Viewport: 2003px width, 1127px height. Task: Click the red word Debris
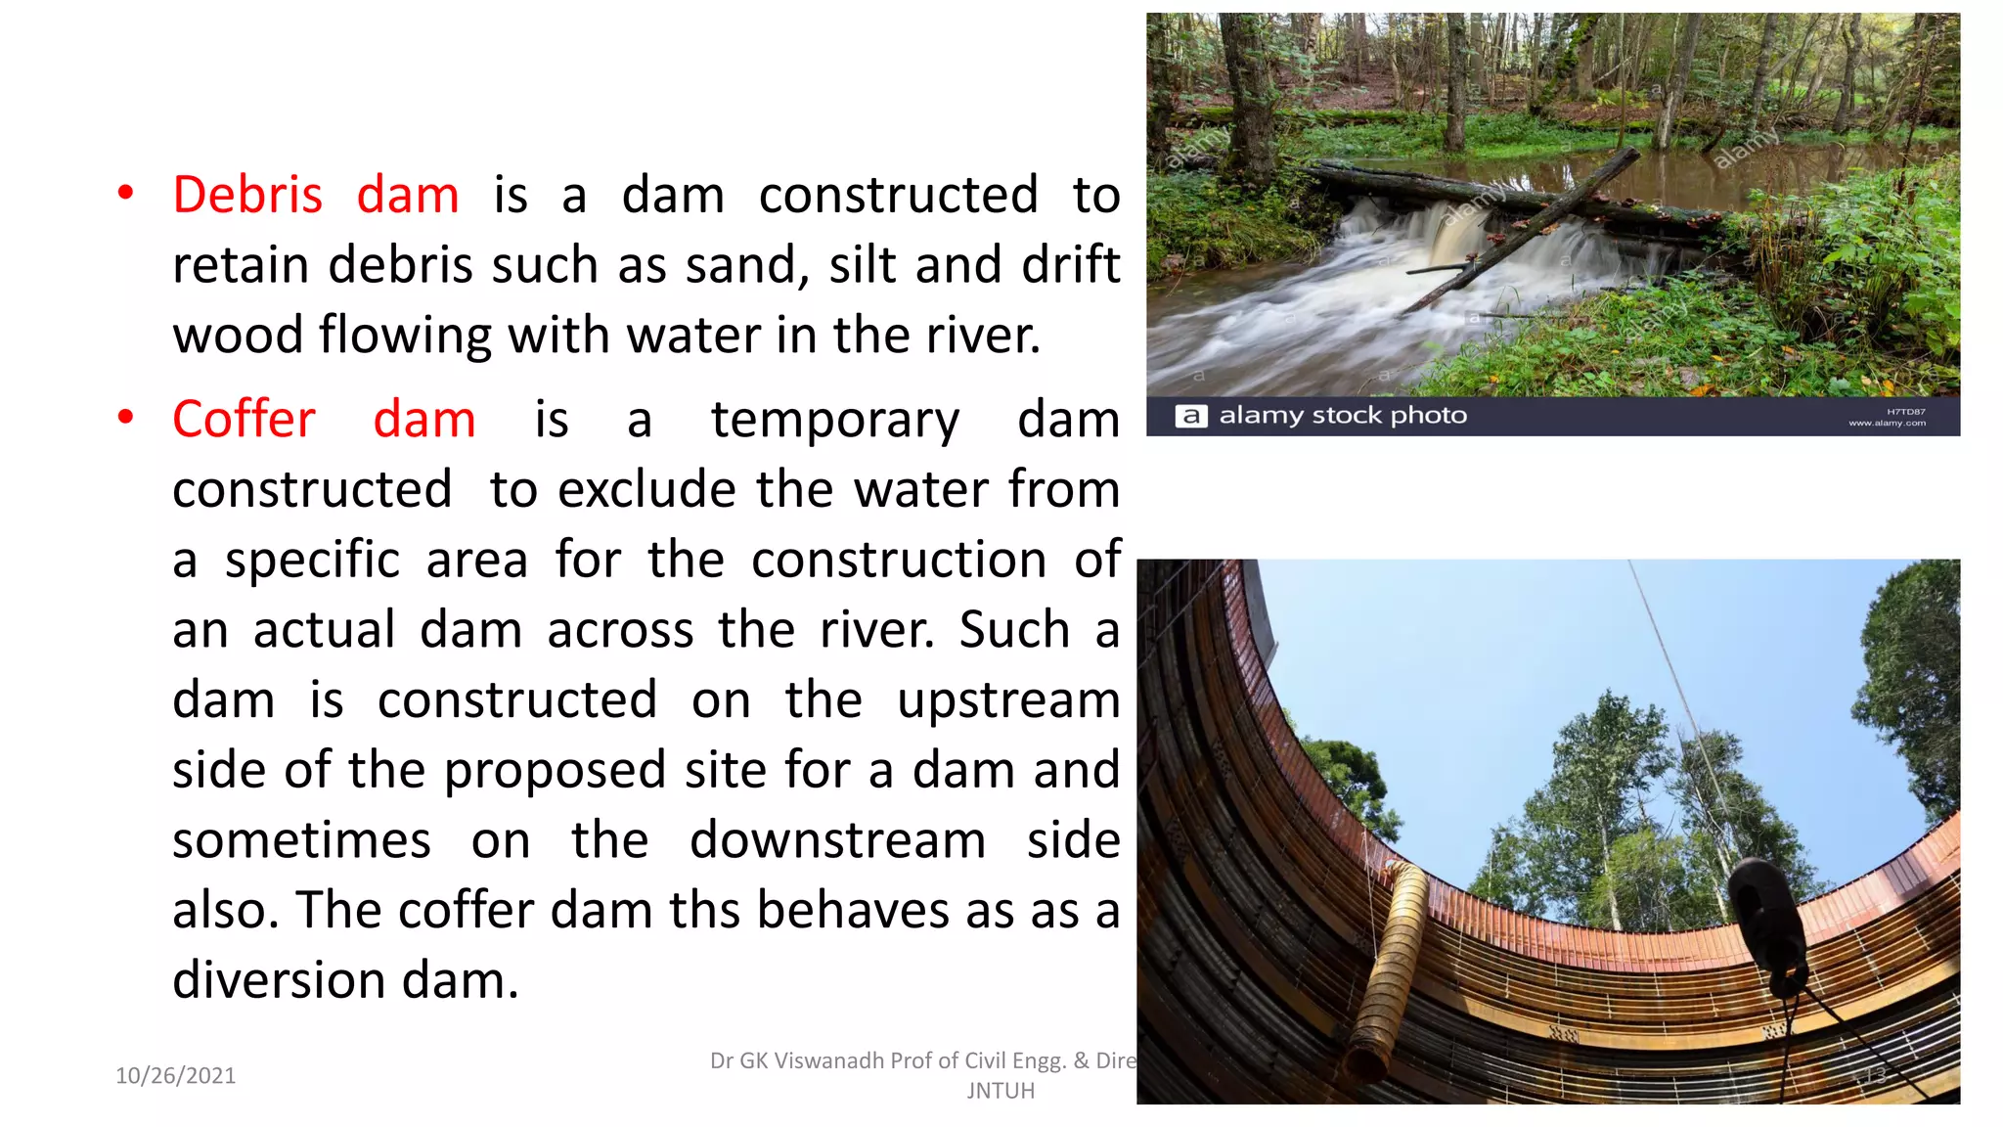[x=247, y=195]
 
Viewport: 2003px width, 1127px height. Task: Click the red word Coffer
[x=244, y=419]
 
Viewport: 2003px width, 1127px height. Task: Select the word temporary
[x=835, y=421]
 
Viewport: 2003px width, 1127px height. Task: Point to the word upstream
[x=1008, y=701]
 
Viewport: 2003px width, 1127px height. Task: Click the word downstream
[x=837, y=840]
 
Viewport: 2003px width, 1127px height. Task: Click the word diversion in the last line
[x=279, y=980]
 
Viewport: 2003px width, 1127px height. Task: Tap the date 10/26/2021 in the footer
[x=176, y=1075]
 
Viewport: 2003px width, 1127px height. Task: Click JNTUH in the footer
[x=1001, y=1091]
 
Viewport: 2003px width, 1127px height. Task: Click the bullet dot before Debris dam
[x=125, y=193]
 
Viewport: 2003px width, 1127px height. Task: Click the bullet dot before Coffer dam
[x=125, y=418]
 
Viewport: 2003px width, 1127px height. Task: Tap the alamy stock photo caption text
[x=1342, y=416]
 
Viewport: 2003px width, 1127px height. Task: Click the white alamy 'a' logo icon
[x=1190, y=416]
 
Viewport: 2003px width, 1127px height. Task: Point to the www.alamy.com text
[x=1887, y=424]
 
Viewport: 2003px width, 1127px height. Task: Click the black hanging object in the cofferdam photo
[x=1768, y=920]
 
